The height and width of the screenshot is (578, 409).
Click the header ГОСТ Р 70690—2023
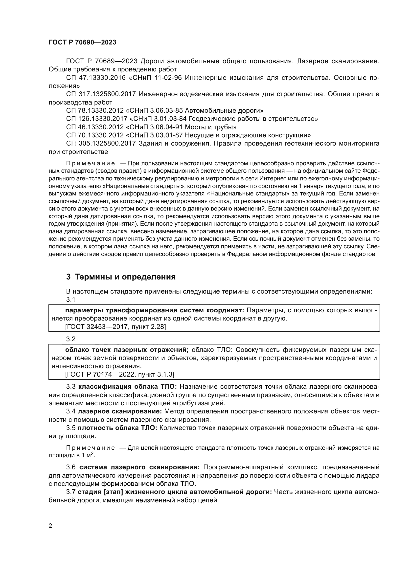[x=82, y=42]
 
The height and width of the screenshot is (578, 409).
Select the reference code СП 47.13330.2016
[x=96, y=78]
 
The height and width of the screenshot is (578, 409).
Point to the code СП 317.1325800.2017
[x=101, y=94]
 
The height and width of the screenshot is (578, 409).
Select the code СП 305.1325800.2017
[x=101, y=144]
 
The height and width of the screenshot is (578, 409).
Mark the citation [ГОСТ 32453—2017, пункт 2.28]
[x=115, y=327]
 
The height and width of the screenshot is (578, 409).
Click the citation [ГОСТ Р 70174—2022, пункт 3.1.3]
[x=119, y=374]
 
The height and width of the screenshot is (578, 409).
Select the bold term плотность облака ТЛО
[x=117, y=428]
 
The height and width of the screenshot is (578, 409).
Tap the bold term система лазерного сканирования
[x=139, y=467]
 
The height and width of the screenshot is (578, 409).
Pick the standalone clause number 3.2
[x=71, y=339]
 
